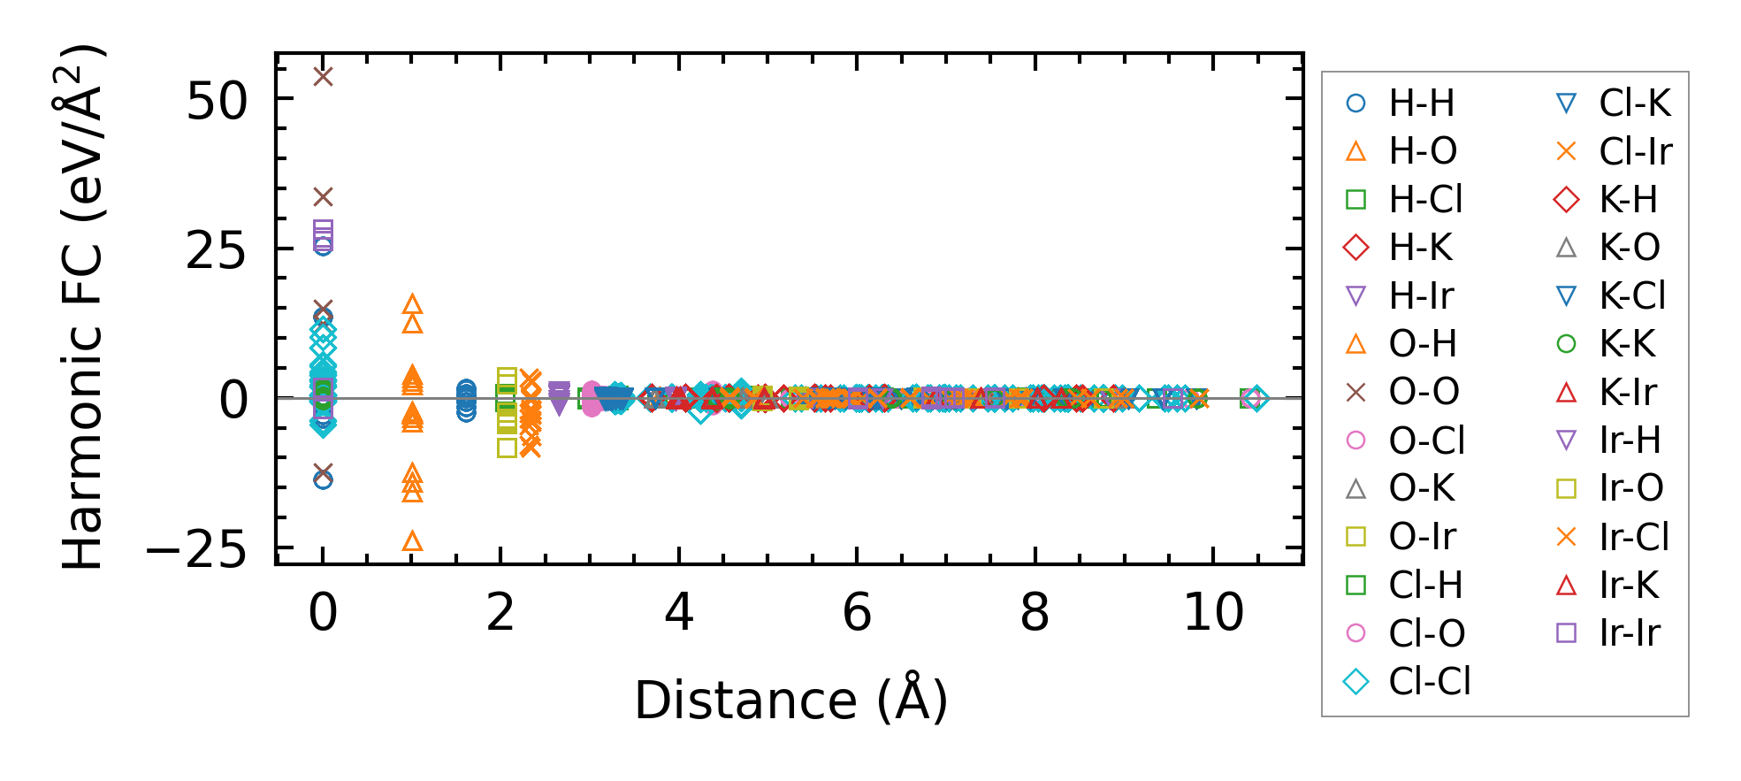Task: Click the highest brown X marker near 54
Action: pyautogui.click(x=324, y=77)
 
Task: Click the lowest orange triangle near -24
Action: pyautogui.click(x=412, y=541)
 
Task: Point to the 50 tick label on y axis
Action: pyautogui.click(x=217, y=102)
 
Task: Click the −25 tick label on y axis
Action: pyautogui.click(x=196, y=552)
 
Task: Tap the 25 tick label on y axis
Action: pyautogui.click(x=217, y=252)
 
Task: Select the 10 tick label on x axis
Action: pyautogui.click(x=1213, y=612)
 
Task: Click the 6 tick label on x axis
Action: pyautogui.click(x=857, y=612)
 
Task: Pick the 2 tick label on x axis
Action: pyautogui.click(x=500, y=612)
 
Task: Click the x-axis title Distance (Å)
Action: pyautogui.click(x=790, y=701)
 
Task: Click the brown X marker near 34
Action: pyautogui.click(x=324, y=196)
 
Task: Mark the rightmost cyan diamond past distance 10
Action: pyautogui.click(x=1255, y=399)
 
